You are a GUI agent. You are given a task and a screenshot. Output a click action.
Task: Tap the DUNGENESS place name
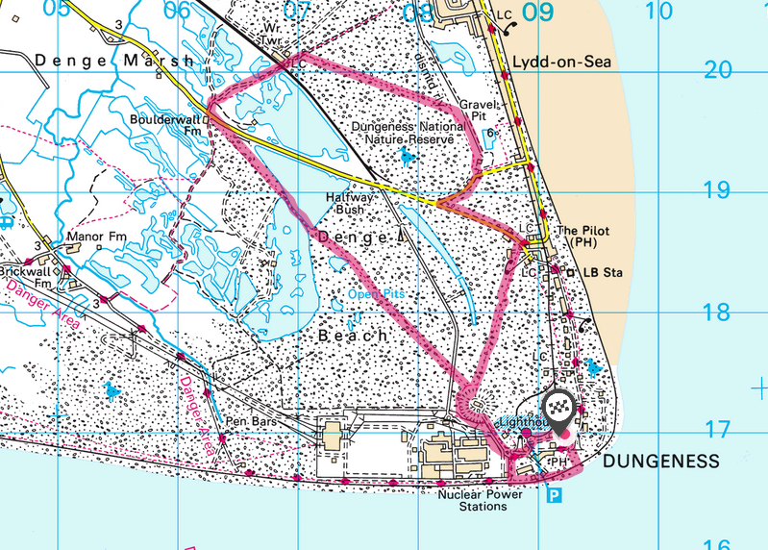(x=660, y=462)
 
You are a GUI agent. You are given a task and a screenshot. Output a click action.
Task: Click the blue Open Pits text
(x=376, y=294)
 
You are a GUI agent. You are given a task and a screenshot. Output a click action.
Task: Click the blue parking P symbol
(x=555, y=495)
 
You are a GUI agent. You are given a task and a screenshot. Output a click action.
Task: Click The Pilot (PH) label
(x=582, y=237)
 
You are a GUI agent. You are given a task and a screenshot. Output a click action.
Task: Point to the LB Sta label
(x=604, y=273)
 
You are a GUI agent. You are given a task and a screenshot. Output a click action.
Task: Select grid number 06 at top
(x=177, y=12)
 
